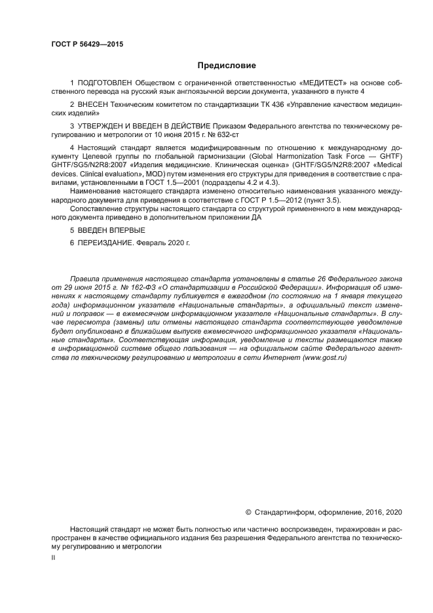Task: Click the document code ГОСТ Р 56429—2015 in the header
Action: pyautogui.click(x=87, y=45)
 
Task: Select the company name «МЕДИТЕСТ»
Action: pyautogui.click(x=320, y=83)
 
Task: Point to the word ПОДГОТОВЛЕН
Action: pyautogui.click(x=104, y=83)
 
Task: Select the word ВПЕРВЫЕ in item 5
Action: pyautogui.click(x=128, y=230)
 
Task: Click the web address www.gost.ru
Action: pyautogui.click(x=324, y=358)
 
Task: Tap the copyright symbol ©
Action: pyautogui.click(x=248, y=511)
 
